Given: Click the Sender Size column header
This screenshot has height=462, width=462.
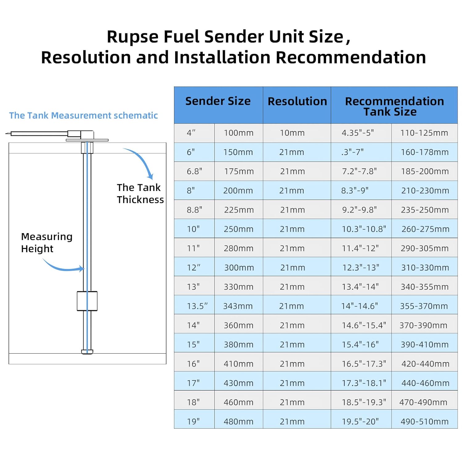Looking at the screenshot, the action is point(218,101).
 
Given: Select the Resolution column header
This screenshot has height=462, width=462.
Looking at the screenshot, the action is point(297,101).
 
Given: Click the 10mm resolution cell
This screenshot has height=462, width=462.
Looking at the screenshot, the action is point(292,133).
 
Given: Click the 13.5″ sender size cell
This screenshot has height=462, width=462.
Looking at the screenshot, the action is point(197,306).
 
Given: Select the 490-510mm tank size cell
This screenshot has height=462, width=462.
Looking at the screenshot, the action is point(424,422).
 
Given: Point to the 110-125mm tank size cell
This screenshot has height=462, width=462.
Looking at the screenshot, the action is point(424,133).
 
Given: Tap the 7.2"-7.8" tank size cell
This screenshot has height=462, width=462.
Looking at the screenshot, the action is point(359,171).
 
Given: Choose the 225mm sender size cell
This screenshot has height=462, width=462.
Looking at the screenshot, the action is point(239,210).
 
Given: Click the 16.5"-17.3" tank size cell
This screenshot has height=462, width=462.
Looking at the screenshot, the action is point(364,364).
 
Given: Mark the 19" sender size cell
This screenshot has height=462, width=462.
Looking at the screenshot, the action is point(193,422).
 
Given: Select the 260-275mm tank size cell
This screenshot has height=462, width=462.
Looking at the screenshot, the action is point(425,229).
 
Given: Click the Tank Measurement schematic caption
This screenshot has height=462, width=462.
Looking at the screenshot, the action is point(83,115).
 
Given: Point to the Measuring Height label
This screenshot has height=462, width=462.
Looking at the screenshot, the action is point(47,243).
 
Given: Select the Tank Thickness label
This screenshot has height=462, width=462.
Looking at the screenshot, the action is point(140,193).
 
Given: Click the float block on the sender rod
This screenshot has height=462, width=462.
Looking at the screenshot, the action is point(87,301).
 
